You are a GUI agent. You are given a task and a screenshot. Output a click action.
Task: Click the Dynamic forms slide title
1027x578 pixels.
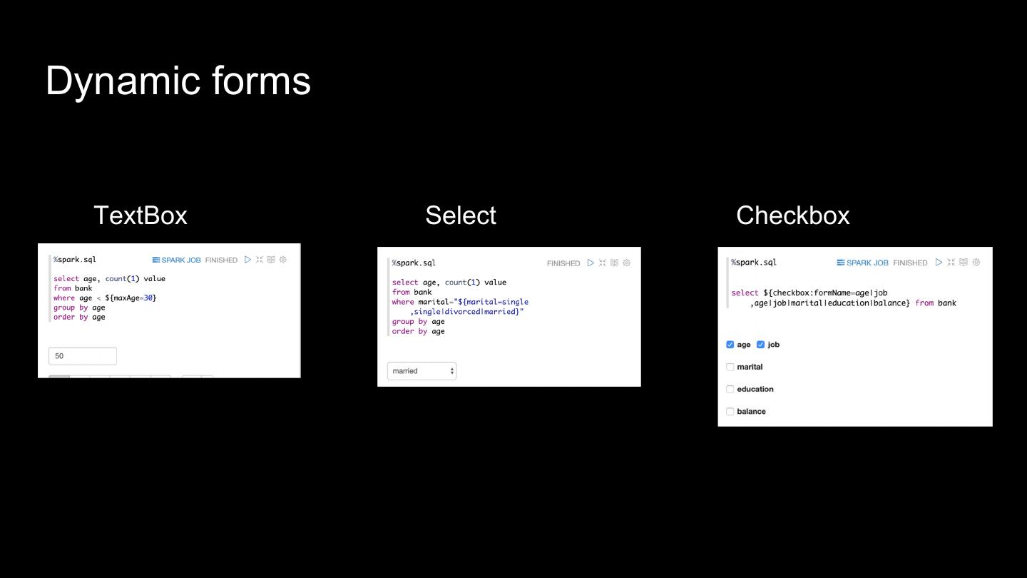tap(178, 81)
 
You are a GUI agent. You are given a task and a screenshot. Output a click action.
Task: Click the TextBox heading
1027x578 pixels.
tap(140, 216)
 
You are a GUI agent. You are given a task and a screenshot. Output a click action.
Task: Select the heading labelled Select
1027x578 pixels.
tap(461, 216)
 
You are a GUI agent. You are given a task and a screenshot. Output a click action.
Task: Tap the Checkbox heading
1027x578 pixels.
tap(792, 216)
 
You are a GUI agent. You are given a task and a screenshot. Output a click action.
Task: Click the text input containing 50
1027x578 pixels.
tap(83, 356)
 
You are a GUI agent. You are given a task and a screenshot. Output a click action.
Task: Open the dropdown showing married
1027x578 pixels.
tap(421, 371)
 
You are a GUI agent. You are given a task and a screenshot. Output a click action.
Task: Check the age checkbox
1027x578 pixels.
tap(730, 345)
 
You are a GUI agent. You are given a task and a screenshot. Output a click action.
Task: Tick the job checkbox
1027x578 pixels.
tap(761, 345)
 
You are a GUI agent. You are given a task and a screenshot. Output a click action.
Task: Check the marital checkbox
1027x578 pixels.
tap(730, 367)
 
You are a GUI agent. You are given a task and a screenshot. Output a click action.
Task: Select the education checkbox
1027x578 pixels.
tap(730, 389)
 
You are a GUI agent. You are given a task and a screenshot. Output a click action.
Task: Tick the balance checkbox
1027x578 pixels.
tap(730, 412)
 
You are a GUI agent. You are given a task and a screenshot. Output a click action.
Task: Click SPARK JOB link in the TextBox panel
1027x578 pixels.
tap(177, 260)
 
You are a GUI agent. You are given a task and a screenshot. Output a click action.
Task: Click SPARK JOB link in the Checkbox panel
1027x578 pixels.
tap(863, 263)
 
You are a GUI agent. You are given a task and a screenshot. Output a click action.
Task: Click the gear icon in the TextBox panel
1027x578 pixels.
tap(283, 260)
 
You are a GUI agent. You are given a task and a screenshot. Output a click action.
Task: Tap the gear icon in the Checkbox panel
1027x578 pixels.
tap(977, 262)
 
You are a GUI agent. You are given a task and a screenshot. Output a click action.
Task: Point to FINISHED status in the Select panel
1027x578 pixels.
tap(563, 263)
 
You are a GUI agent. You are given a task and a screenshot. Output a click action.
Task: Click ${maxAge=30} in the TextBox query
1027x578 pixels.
tap(131, 298)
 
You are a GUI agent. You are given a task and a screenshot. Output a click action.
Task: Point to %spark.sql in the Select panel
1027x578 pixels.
tap(414, 263)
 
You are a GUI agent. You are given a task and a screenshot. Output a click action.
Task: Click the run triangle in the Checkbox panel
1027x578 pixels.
tap(939, 262)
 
